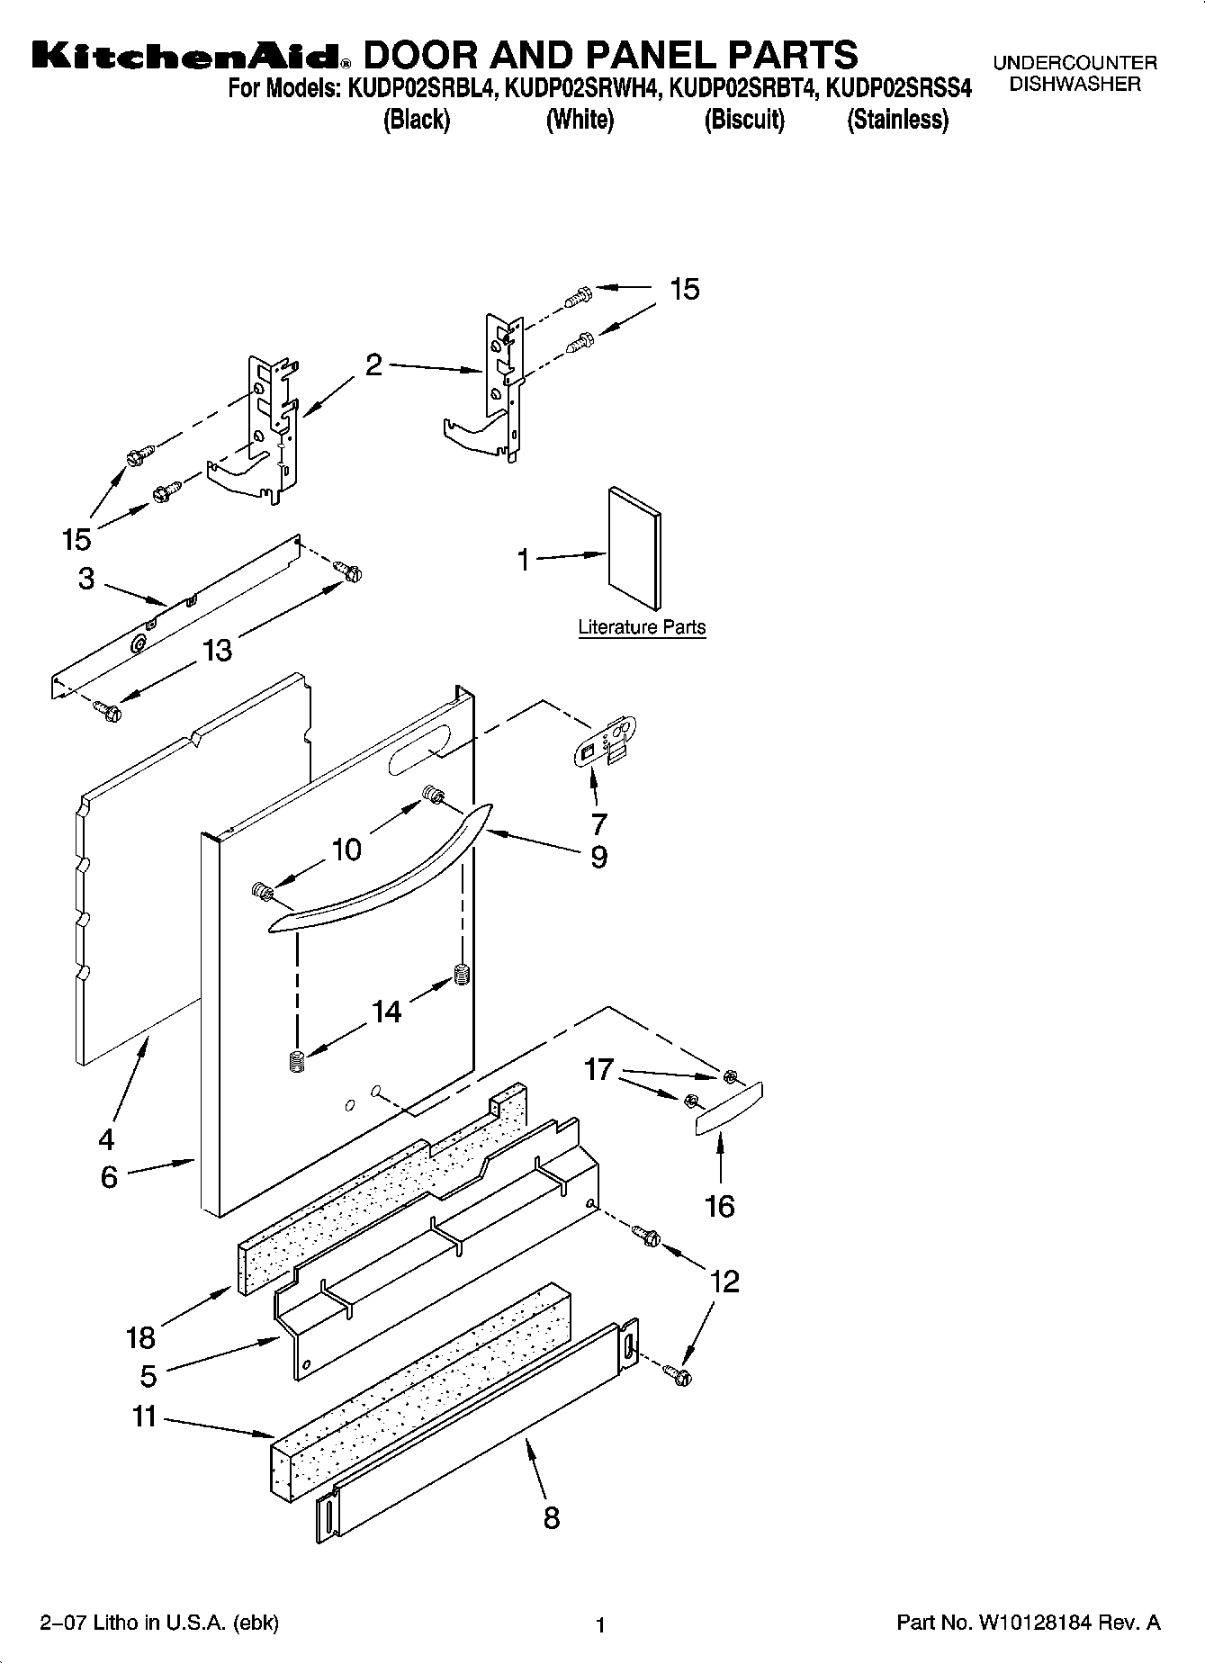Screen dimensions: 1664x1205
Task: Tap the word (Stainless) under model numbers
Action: point(897,120)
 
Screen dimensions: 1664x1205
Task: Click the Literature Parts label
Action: point(642,627)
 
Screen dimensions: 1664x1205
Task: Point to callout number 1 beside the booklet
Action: point(524,560)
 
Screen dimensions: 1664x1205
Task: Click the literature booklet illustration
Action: point(634,549)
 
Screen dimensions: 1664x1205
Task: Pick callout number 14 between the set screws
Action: point(386,1012)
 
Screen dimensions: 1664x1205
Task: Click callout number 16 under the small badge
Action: point(720,1206)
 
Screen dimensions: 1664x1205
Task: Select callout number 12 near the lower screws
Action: point(724,1281)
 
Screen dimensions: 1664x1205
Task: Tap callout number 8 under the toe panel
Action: point(552,1517)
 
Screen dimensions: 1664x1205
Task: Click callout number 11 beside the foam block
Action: point(145,1417)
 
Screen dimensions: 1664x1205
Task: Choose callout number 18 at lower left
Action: point(141,1337)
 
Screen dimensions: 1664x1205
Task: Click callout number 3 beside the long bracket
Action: point(86,579)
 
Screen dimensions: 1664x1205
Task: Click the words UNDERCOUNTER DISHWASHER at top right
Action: point(1075,74)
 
